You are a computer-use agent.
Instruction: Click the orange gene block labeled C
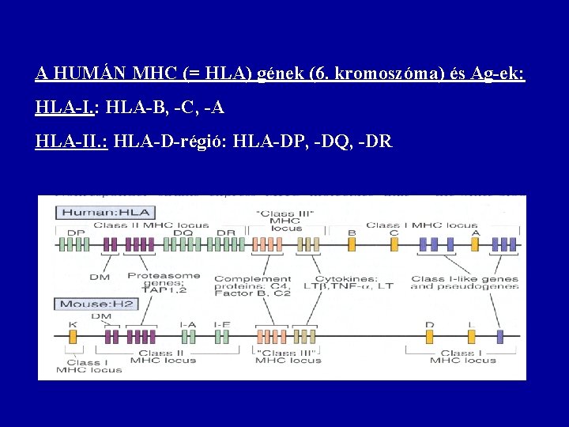pyautogui.click(x=394, y=244)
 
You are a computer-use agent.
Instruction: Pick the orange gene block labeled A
pyautogui.click(x=475, y=244)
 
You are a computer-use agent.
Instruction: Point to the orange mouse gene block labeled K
pyautogui.click(x=73, y=337)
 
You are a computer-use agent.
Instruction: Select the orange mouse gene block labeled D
pyautogui.click(x=430, y=337)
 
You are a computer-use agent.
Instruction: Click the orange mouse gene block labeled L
pyautogui.click(x=471, y=337)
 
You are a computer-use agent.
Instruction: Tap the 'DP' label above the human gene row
pyautogui.click(x=76, y=233)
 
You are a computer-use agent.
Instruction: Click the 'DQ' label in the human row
pyautogui.click(x=183, y=233)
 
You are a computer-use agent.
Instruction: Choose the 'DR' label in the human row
pyautogui.click(x=225, y=233)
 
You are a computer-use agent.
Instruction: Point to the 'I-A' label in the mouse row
pyautogui.click(x=188, y=324)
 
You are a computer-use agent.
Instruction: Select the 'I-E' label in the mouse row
pyautogui.click(x=224, y=324)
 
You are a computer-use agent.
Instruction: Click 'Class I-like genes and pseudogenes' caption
pyautogui.click(x=465, y=282)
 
